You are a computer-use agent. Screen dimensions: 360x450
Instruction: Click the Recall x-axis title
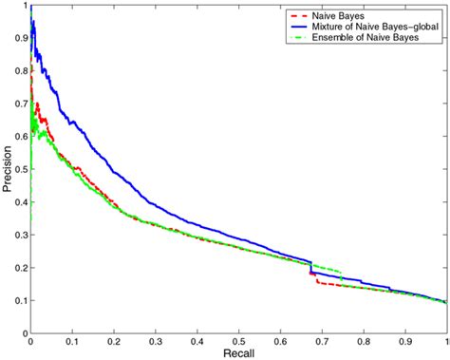coord(238,353)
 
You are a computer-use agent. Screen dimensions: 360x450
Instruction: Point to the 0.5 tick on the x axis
coord(238,341)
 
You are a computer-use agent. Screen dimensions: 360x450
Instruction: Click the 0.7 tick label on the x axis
coord(322,341)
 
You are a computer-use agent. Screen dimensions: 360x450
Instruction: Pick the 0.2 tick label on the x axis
coord(114,341)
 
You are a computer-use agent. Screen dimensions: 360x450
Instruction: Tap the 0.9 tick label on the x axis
coord(405,341)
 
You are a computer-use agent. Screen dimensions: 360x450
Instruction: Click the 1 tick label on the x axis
coord(446,341)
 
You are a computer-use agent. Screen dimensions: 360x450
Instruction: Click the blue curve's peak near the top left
coord(33,21)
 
